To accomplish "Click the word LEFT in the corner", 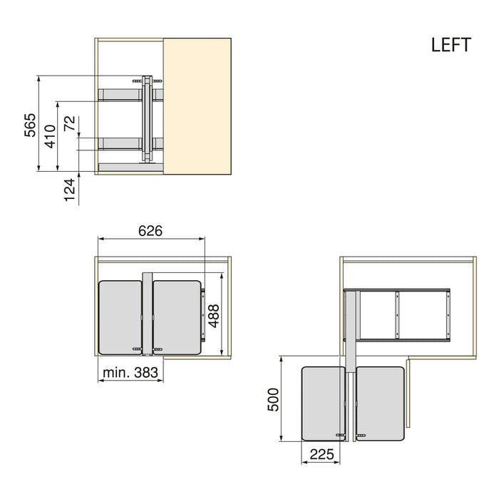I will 451,45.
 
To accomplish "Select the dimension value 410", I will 51,135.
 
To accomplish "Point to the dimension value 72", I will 69,123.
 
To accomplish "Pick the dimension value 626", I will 150,231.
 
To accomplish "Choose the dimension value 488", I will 213,315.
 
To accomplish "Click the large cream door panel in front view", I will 197,106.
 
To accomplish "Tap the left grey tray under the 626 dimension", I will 120,317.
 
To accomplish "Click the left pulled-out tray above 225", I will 323,403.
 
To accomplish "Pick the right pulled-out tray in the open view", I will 380,403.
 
